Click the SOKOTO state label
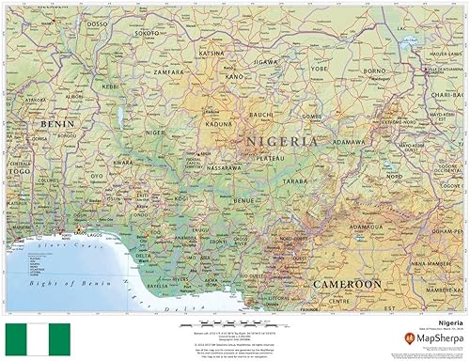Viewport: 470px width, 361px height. coord(147,33)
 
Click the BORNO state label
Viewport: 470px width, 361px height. coord(375,70)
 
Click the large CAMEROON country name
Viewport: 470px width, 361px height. coord(348,283)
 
